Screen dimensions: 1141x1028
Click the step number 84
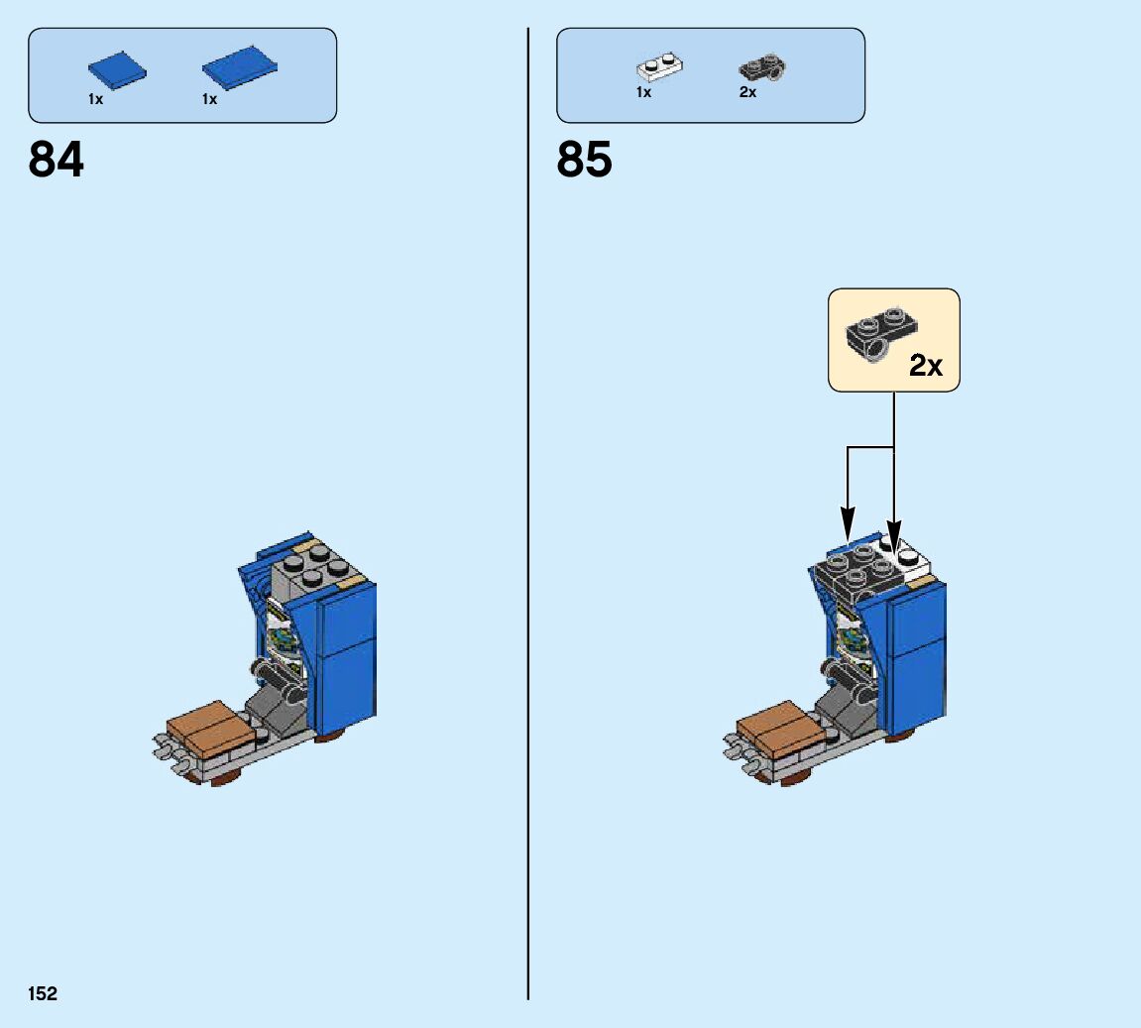[57, 160]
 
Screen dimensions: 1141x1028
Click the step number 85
[584, 160]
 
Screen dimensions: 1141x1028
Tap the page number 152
[43, 993]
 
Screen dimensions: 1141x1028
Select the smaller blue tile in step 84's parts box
[116, 70]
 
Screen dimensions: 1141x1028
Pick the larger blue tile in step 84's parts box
[239, 66]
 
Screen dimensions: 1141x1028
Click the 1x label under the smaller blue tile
[95, 99]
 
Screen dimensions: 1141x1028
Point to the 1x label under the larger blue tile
[209, 99]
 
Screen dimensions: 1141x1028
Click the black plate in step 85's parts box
[761, 69]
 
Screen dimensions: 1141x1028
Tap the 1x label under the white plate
[643, 92]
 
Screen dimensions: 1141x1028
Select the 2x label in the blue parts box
[747, 92]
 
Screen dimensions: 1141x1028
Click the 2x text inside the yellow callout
[926, 366]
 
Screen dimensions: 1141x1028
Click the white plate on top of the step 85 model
[911, 561]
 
